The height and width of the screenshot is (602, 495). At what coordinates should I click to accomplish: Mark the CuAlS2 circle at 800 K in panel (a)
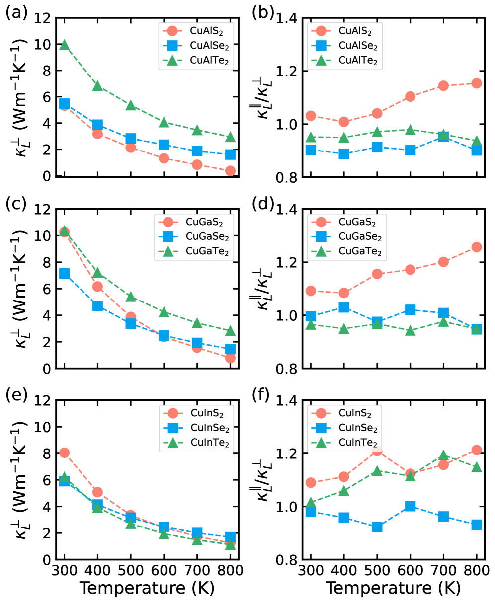pos(230,171)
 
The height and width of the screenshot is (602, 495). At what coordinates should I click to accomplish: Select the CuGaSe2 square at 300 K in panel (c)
pos(64,273)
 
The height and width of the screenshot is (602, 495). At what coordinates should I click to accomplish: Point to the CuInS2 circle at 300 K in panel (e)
pos(64,452)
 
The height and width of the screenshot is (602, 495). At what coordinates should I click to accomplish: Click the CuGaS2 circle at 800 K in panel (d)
pos(477,247)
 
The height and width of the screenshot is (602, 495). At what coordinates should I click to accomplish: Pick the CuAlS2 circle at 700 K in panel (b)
pos(443,85)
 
